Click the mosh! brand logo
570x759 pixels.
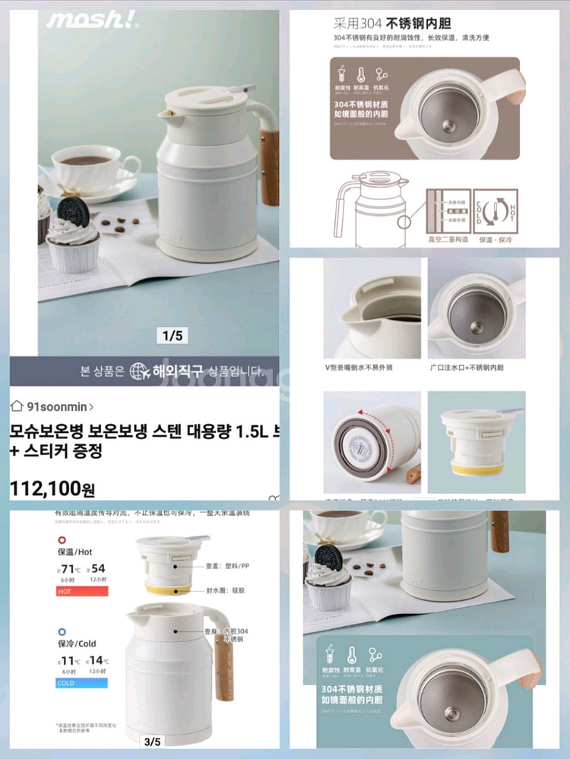[92, 20]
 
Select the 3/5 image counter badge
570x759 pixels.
[153, 742]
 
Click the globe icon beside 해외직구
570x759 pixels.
[141, 372]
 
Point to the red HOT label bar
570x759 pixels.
[81, 590]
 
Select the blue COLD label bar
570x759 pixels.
[81, 682]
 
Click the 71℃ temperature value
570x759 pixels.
[71, 569]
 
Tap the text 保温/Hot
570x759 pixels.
[74, 552]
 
